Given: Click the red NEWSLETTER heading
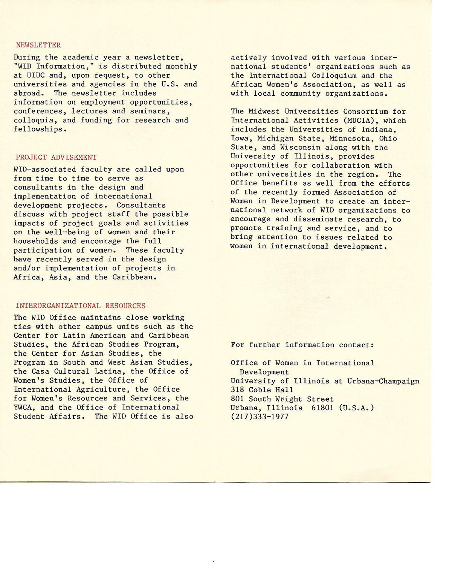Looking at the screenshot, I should coord(38,45).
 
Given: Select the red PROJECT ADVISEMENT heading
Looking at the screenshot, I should coord(56,157).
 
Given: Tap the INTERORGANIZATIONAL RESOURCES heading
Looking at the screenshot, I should coord(80,306).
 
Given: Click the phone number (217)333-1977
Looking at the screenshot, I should coord(260,417).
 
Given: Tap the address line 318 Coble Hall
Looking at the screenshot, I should coord(262,390).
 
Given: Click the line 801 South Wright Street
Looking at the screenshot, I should coord(282,399).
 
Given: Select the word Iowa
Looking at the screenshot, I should coord(240,139).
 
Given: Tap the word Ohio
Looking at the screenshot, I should coord(388,139).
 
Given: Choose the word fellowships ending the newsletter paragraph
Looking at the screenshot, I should coord(38,129).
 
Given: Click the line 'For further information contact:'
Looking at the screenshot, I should coord(302,345).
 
